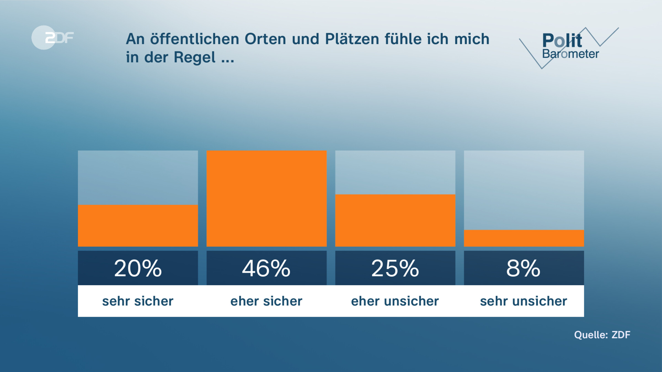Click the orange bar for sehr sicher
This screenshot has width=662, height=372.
click(x=138, y=225)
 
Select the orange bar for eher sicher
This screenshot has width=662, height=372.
click(x=266, y=198)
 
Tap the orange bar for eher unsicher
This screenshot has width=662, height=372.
click(x=395, y=220)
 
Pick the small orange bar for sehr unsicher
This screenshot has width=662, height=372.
click(x=524, y=238)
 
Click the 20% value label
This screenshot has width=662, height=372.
click(x=138, y=268)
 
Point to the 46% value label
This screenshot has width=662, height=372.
click(x=266, y=268)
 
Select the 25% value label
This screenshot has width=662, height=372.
click(x=395, y=268)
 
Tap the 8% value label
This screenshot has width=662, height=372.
click(x=524, y=268)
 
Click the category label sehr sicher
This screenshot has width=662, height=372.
click(x=138, y=301)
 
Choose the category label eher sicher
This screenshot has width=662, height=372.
click(x=266, y=301)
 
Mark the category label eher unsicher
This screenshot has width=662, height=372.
click(x=395, y=301)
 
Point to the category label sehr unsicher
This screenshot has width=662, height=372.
click(x=524, y=301)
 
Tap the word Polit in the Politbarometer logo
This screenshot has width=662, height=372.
click(x=562, y=41)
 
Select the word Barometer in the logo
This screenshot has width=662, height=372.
click(x=570, y=54)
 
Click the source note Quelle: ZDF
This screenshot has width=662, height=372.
click(x=602, y=335)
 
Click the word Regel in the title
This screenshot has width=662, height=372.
click(x=194, y=58)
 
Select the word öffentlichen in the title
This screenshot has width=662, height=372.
click(x=194, y=39)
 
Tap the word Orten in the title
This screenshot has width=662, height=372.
click(x=265, y=39)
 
